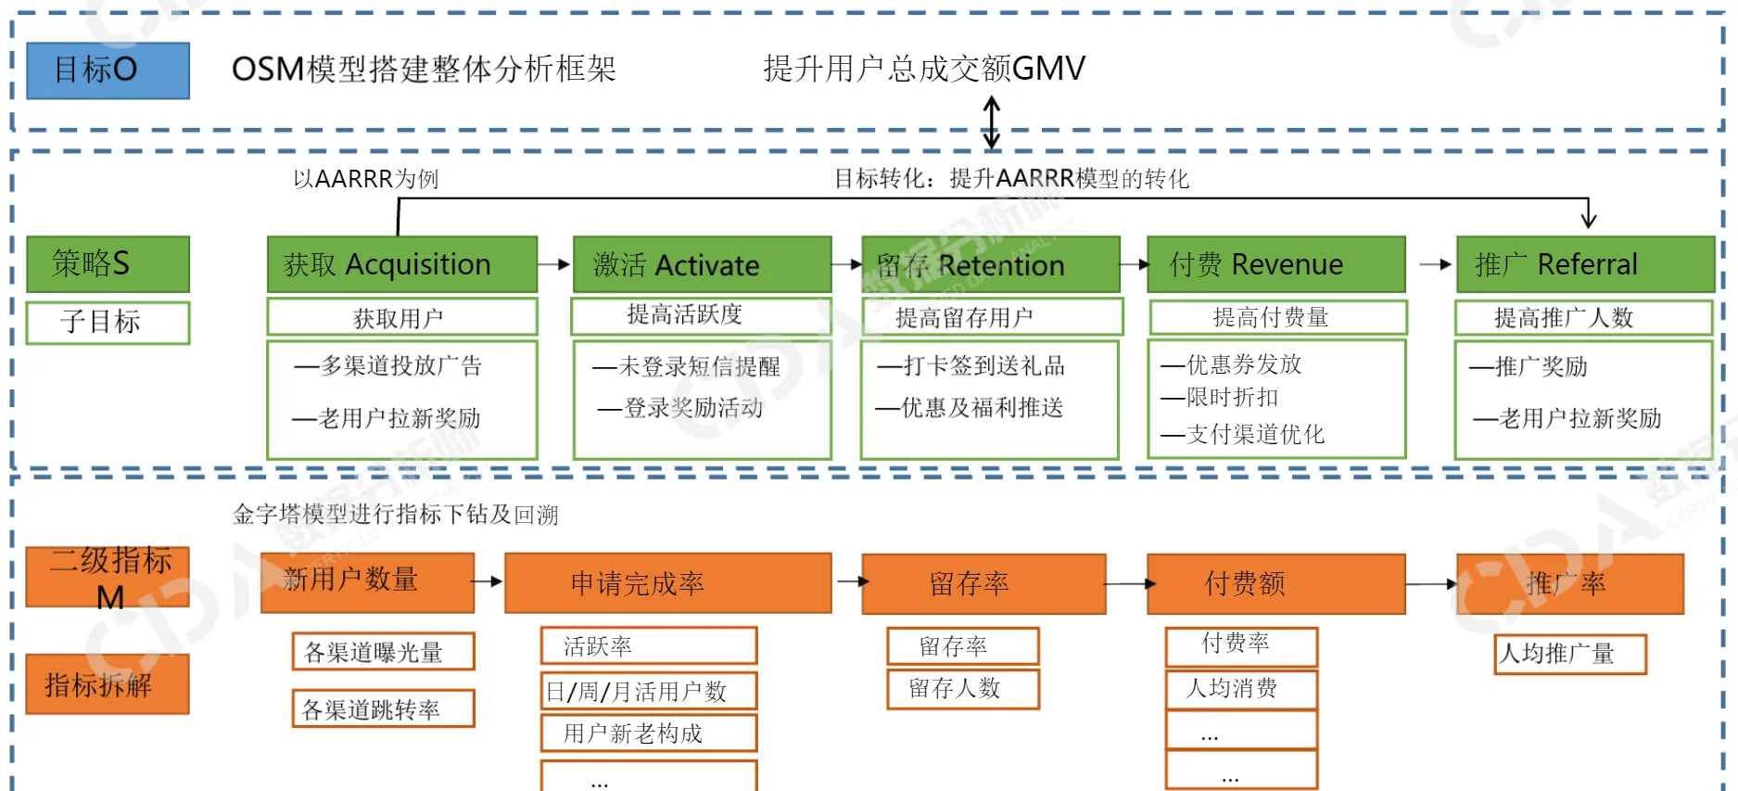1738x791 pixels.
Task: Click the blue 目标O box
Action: pos(108,70)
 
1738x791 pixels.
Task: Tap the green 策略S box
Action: pos(108,264)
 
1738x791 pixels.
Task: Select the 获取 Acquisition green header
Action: pos(401,264)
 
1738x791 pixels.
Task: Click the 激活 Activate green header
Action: pos(702,264)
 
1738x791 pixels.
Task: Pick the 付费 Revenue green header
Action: pos(1275,264)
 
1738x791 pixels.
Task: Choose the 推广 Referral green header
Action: pos(1584,264)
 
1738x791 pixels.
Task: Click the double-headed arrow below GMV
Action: pos(991,122)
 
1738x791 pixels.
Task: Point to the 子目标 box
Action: pos(108,322)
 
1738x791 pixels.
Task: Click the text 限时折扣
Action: pos(1233,398)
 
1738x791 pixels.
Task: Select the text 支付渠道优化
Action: pos(1255,434)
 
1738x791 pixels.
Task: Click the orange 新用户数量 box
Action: pos(367,582)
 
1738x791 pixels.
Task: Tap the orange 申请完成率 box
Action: pos(667,583)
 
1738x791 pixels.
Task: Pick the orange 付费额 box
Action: pos(1275,583)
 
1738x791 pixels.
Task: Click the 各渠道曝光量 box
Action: pos(383,652)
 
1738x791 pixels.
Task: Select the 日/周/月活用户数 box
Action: pos(649,691)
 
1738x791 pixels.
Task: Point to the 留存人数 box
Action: pos(962,689)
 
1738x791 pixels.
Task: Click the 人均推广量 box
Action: pos(1569,654)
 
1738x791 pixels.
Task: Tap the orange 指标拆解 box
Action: pos(108,684)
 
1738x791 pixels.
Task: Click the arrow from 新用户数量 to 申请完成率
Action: pos(488,582)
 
